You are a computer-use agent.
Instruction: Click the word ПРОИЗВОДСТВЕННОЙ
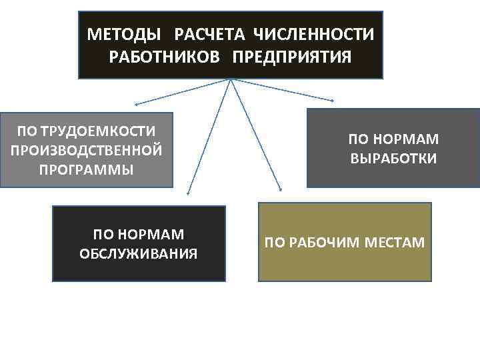[x=86, y=149]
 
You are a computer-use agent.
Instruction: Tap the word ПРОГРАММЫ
[x=86, y=169]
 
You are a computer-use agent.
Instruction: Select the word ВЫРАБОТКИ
[x=393, y=159]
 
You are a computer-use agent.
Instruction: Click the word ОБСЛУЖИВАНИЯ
[x=139, y=253]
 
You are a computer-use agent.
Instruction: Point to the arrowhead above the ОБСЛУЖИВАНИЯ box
[x=189, y=193]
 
